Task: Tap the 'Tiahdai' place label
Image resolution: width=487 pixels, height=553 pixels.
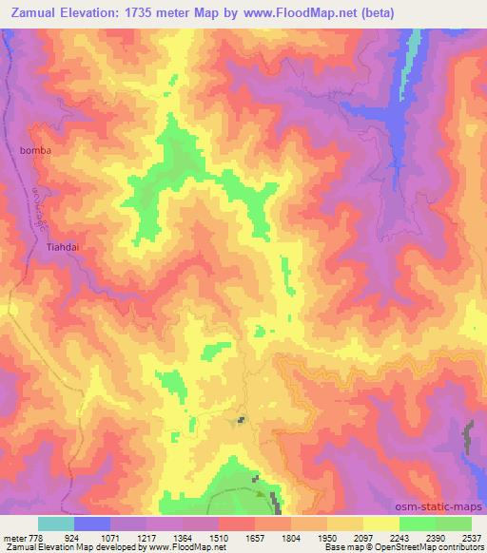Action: pyautogui.click(x=64, y=248)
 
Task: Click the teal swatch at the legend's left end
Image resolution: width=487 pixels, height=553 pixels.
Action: pyautogui.click(x=55, y=524)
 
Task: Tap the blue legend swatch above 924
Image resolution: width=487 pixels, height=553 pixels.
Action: pyautogui.click(x=91, y=524)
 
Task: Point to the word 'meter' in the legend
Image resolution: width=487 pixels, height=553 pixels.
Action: pyautogui.click(x=15, y=538)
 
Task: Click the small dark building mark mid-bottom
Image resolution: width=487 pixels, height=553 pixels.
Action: pyautogui.click(x=242, y=419)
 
